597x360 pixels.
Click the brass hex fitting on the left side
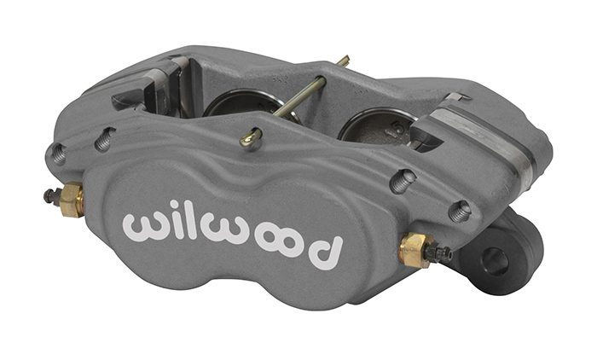72,200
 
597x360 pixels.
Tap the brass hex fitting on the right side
414,249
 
